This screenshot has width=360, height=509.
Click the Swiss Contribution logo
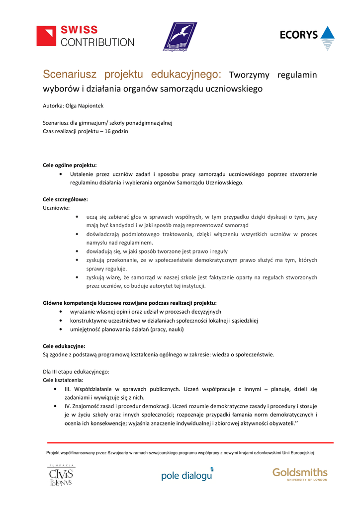click(85, 36)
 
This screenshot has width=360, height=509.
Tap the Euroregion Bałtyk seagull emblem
click(180, 36)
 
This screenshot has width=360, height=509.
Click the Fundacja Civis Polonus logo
click(61, 476)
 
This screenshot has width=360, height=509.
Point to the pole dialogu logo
click(187, 475)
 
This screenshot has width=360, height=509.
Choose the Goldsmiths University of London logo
click(300, 474)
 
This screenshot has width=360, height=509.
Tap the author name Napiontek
click(89, 106)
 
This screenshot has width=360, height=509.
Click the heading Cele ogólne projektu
click(70, 165)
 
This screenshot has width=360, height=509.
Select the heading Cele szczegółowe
click(65, 199)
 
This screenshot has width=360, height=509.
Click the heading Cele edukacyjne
click(64, 346)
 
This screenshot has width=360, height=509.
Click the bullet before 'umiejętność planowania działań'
click(60, 329)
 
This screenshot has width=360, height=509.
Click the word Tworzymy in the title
click(249, 76)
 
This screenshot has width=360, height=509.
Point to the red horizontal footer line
click(190, 442)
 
